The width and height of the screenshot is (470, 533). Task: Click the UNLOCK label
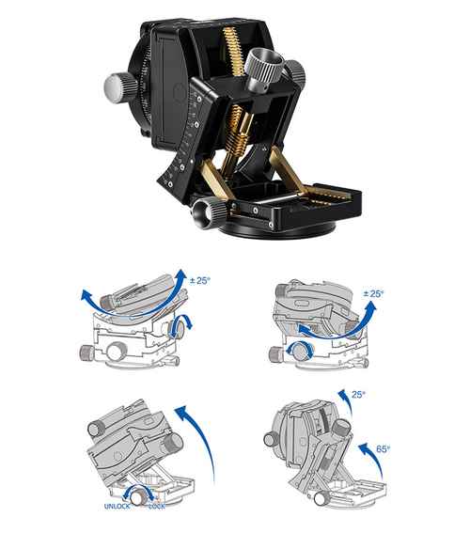[x=117, y=507]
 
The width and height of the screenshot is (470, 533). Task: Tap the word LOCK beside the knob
[x=157, y=507]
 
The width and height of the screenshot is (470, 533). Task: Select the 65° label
[x=383, y=449]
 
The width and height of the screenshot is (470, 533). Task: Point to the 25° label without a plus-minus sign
[x=358, y=395]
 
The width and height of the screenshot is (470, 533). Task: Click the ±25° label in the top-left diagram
[x=200, y=280]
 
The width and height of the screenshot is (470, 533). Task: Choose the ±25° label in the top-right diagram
[x=373, y=293]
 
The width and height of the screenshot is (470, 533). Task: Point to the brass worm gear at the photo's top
[x=234, y=51]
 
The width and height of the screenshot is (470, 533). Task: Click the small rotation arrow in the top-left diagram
[x=182, y=325]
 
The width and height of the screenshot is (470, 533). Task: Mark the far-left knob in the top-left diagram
[x=86, y=353]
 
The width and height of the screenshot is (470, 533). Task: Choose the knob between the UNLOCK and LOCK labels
[x=139, y=498]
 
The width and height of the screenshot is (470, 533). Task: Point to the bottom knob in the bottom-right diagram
[x=321, y=499]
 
